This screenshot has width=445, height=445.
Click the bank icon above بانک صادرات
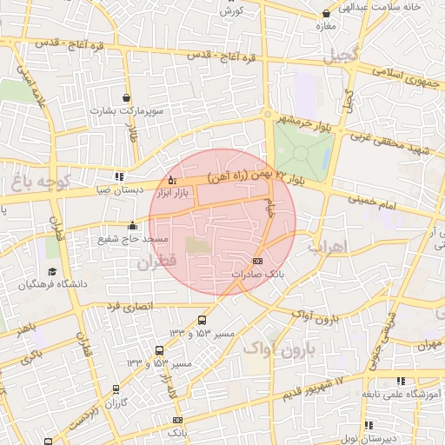click(x=256, y=261)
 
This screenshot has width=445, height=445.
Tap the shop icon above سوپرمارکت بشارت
click(x=128, y=97)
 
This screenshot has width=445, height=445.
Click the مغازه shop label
click(x=326, y=26)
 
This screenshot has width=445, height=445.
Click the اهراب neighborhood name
click(x=327, y=246)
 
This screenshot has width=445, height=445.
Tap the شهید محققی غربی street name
click(x=390, y=140)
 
